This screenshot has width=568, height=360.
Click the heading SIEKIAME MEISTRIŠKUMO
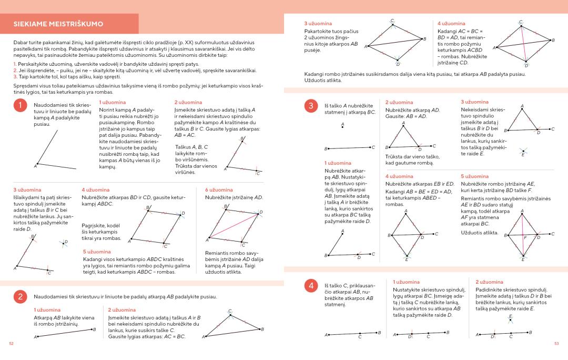click(x=58, y=24)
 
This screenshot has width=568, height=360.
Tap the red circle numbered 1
click(x=21, y=105)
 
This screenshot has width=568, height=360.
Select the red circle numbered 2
click(x=21, y=297)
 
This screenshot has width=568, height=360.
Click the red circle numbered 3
click(x=311, y=105)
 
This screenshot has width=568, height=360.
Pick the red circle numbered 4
click(x=311, y=286)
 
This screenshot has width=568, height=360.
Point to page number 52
click(x=11, y=344)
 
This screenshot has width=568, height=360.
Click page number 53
click(x=556, y=344)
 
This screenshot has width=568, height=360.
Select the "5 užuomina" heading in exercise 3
click(x=474, y=176)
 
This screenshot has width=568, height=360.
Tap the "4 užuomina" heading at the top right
click(x=451, y=24)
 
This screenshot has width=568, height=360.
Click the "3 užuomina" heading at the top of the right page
click(x=318, y=24)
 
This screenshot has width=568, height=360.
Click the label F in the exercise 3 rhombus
click(x=524, y=237)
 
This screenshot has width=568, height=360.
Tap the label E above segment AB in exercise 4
click(x=510, y=316)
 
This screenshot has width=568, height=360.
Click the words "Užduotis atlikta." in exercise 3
click(x=480, y=233)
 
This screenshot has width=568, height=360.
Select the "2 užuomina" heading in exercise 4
click(x=489, y=282)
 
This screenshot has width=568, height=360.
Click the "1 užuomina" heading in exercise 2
click(x=47, y=310)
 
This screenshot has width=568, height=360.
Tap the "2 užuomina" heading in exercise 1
click(x=188, y=102)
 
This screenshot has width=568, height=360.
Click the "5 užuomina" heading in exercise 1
click(x=97, y=252)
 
